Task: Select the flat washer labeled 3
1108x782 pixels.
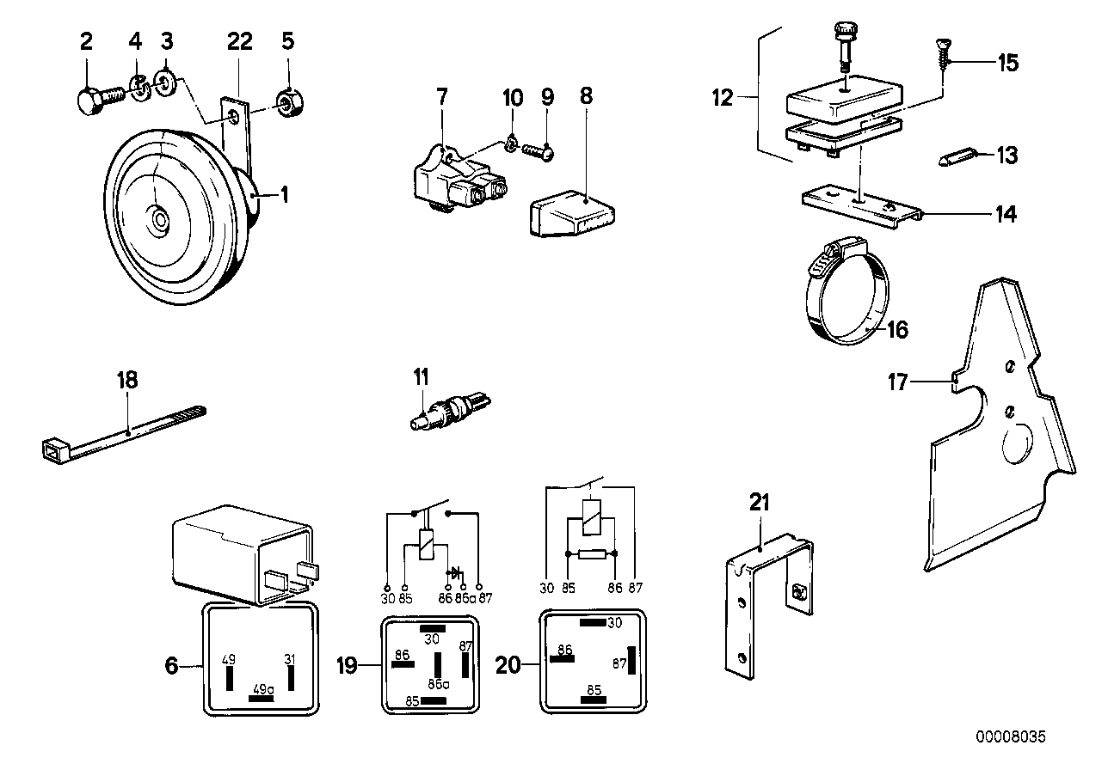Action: click(x=164, y=82)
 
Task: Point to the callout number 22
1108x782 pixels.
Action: click(x=240, y=41)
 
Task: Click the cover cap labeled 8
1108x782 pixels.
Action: click(x=572, y=213)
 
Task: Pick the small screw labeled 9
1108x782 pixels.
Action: click(x=538, y=150)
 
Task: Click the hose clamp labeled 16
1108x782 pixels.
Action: click(x=847, y=290)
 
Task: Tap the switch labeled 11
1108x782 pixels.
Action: click(x=450, y=411)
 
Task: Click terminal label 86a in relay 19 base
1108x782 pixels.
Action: click(x=439, y=685)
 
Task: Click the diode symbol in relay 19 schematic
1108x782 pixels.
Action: click(x=454, y=573)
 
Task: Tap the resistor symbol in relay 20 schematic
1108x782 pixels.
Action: click(x=592, y=554)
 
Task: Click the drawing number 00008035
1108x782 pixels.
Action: click(x=1011, y=737)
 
